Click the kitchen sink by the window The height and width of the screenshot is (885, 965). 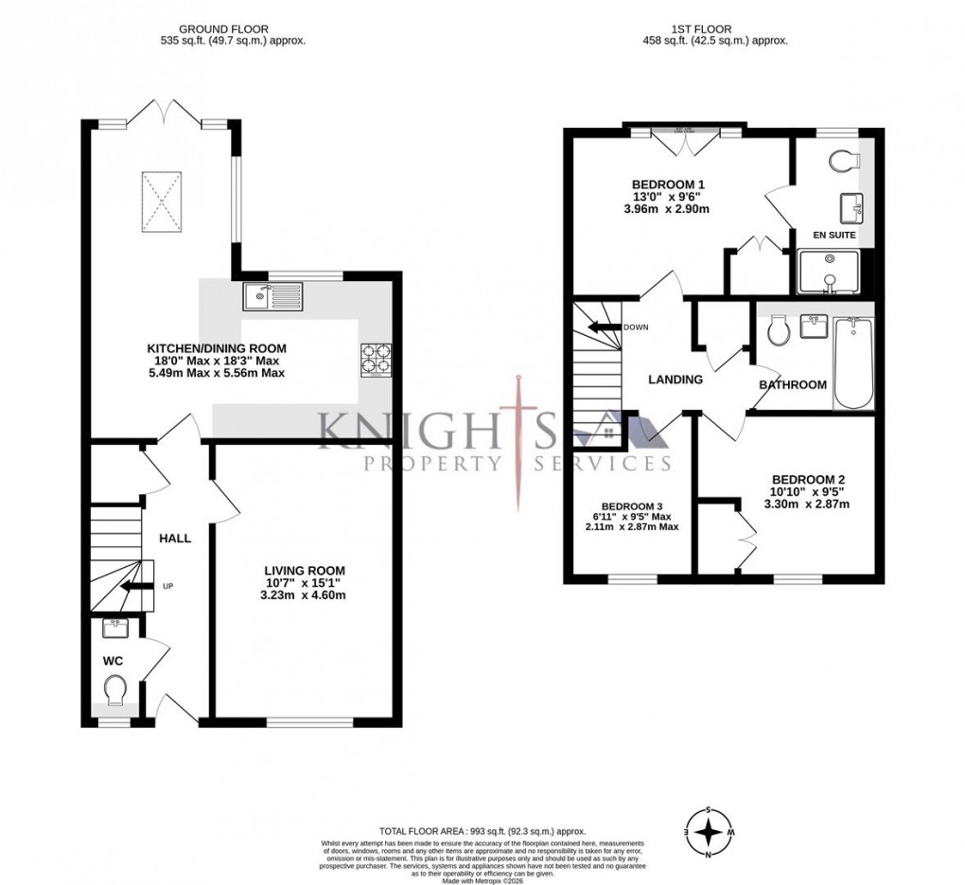[272, 297]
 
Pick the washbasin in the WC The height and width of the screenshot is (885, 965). [116, 627]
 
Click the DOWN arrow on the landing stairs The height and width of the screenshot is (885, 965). [603, 327]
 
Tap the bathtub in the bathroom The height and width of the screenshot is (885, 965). [852, 363]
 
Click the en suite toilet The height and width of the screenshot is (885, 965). [842, 162]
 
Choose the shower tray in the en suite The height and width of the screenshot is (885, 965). [829, 273]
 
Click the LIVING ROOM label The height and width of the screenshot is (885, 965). [305, 570]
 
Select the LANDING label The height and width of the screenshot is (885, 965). [675, 380]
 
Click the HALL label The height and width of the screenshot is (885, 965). [175, 538]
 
